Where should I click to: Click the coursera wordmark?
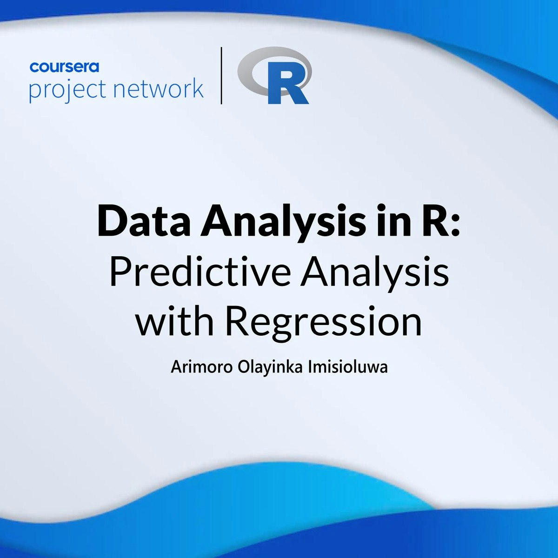click(64, 67)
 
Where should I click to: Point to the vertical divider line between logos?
click(221, 75)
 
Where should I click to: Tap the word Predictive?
click(200, 272)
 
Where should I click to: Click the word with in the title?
click(175, 321)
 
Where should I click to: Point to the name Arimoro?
click(201, 367)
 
